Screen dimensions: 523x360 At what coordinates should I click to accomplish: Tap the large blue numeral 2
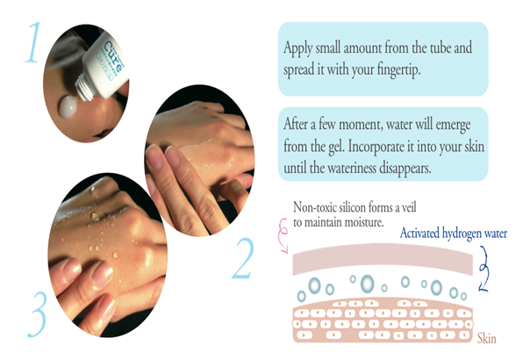243,258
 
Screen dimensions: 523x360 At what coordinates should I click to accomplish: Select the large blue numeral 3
39,314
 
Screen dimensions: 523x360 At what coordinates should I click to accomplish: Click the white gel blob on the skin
68,106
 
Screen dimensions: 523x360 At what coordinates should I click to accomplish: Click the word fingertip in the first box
398,70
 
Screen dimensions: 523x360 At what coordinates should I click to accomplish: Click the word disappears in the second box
405,168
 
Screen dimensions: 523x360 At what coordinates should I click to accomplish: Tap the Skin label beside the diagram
487,339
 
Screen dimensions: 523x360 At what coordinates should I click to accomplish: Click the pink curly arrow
283,235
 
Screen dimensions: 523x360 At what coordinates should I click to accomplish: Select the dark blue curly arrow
483,269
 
